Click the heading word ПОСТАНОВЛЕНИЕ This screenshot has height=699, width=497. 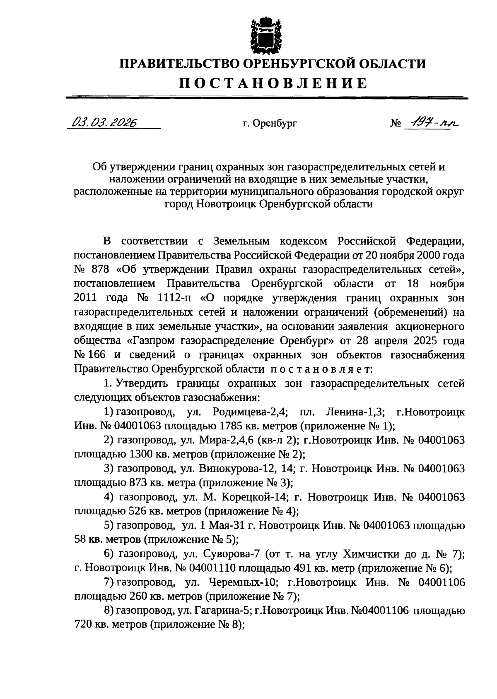[x=273, y=83]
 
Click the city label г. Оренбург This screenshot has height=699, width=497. [x=270, y=123]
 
